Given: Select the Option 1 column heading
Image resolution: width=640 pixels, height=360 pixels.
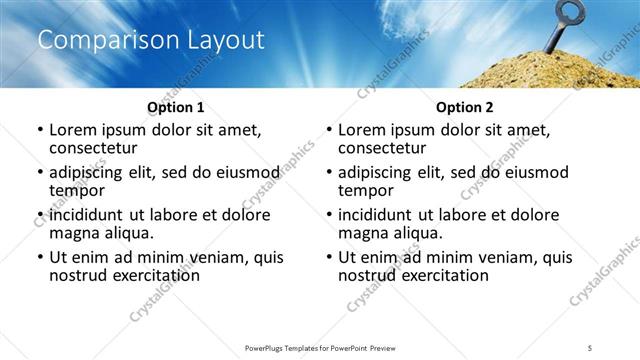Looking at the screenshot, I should [175, 107].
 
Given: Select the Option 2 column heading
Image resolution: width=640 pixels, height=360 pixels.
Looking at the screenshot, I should [464, 107].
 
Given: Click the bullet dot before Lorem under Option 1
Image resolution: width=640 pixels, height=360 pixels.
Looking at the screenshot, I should [39, 130].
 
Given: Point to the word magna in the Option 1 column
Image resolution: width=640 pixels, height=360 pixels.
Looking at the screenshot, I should [76, 233].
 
